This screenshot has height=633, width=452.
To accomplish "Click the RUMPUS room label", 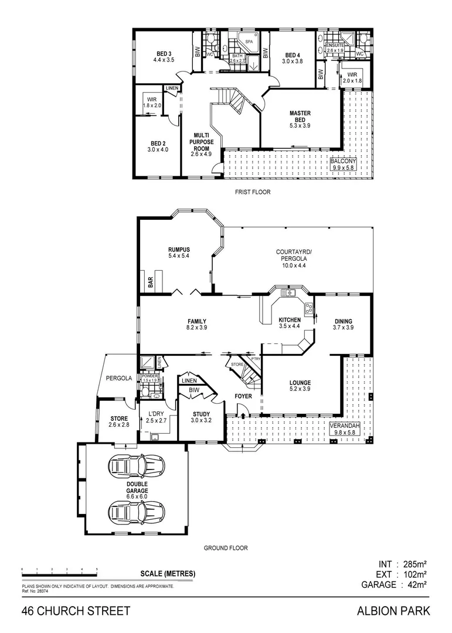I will (179, 253).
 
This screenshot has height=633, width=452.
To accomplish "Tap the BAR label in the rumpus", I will (151, 283).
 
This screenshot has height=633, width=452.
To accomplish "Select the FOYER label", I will (243, 396).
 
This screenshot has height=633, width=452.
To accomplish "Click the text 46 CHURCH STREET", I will (76, 611).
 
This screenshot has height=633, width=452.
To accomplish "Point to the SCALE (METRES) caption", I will (168, 573).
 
